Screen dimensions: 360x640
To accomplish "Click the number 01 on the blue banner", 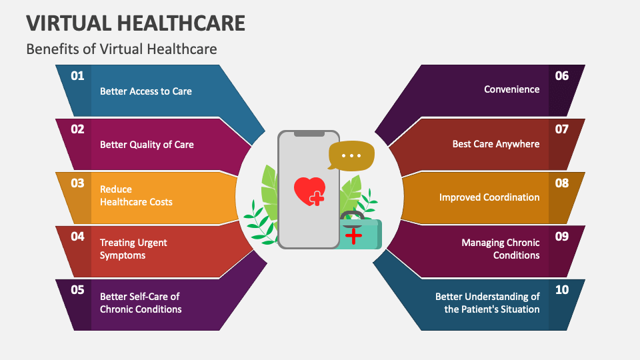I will point(77,76).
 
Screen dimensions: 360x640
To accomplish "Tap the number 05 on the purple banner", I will point(77,290).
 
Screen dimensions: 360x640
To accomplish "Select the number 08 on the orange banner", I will point(561,183).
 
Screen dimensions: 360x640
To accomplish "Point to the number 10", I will point(561,290).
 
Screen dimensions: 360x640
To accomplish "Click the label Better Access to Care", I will point(145,91).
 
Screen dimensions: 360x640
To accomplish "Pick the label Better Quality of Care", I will point(147,144).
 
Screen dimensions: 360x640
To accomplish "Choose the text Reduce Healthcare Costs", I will point(136,195).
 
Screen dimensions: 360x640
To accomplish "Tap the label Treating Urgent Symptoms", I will point(133,249).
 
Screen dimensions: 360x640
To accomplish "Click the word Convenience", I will point(511,89).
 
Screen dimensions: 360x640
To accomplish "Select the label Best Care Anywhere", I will point(495,143).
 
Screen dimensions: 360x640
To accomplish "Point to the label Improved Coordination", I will point(489,197).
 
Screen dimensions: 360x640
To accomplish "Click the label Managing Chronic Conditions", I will point(500,249).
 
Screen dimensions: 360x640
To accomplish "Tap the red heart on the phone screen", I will point(309,190).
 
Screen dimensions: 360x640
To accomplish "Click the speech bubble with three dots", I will point(351,156).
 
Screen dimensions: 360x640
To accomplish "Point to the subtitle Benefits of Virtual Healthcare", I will point(121,49).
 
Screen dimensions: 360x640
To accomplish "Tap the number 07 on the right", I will point(561,129).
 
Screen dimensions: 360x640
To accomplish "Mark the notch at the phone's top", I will point(309,134).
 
